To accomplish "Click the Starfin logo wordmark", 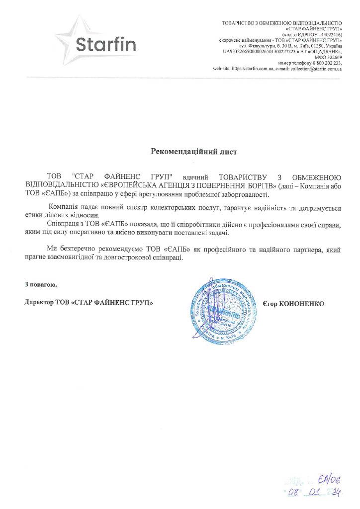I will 106,44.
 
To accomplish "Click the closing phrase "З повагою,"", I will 41,284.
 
